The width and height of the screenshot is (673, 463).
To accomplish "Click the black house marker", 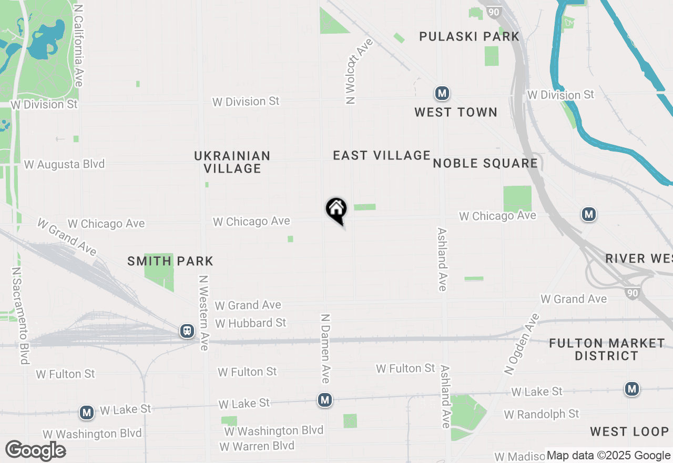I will click(x=336, y=210).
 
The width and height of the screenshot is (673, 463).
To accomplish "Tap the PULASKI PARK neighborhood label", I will click(x=469, y=37).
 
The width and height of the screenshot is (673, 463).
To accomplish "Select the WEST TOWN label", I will click(x=455, y=113).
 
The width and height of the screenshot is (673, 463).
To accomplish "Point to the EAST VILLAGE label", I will click(x=382, y=155).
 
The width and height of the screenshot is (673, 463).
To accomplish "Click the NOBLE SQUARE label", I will click(x=485, y=164).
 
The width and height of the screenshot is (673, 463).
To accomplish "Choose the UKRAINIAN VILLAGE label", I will click(x=232, y=162).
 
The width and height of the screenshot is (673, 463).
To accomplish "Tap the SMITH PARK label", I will click(x=170, y=261).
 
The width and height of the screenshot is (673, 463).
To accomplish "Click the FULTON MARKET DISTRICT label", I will click(x=607, y=349).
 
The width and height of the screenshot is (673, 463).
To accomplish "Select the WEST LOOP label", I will click(x=629, y=432).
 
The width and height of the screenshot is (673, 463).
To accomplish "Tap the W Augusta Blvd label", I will click(x=64, y=165).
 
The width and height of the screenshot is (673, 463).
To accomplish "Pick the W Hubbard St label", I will click(x=251, y=323).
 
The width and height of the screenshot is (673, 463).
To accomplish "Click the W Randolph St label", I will click(x=542, y=415).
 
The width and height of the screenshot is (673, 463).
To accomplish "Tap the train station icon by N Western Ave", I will click(x=187, y=331).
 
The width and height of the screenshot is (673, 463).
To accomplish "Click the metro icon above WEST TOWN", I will click(x=442, y=94).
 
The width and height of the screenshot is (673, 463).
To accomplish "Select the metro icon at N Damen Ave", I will click(x=325, y=400).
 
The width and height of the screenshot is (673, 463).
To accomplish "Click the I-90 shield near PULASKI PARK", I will click(x=494, y=12).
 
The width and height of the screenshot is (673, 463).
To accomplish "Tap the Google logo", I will click(x=36, y=451).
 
